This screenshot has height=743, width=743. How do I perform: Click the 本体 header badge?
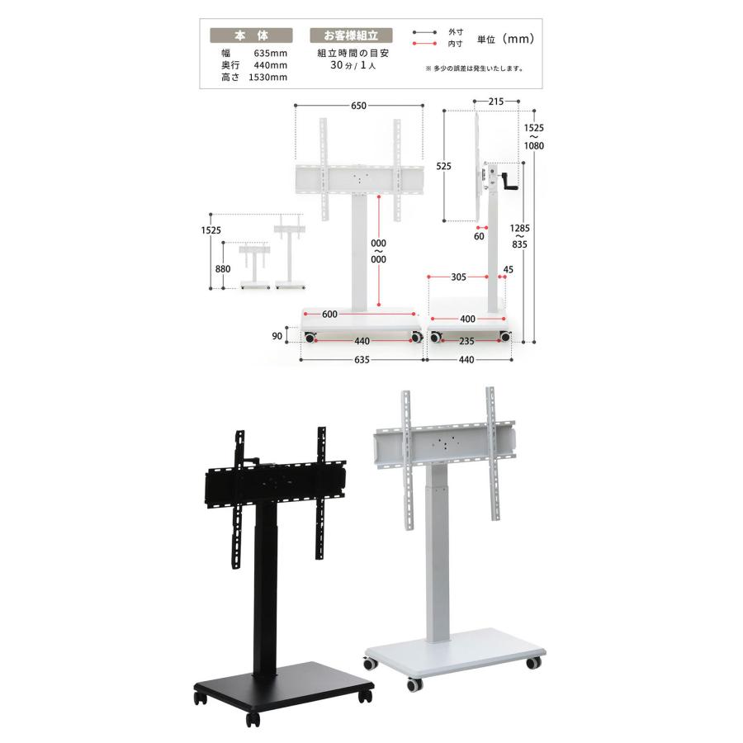click(251, 35)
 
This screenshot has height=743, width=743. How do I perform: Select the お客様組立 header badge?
click(351, 35)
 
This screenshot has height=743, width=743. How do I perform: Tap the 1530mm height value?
click(267, 78)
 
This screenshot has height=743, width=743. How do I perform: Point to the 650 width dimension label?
click(359, 106)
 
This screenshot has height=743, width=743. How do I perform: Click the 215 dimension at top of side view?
click(496, 102)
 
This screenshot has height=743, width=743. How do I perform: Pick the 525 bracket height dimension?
click(443, 166)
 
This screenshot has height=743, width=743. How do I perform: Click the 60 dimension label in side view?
click(479, 236)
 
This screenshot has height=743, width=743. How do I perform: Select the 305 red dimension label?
click(458, 277)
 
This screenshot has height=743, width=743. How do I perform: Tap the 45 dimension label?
click(508, 270)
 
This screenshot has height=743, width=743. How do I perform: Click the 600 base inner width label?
click(329, 315)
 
